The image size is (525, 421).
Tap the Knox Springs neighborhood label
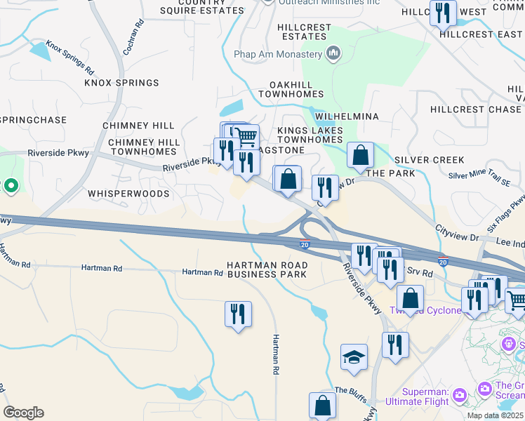click(x=121, y=83)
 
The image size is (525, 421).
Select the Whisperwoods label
click(x=128, y=193)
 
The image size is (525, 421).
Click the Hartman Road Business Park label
click(x=267, y=269)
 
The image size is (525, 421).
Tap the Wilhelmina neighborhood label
click(x=347, y=116)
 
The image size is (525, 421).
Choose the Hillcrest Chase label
click(x=476, y=109)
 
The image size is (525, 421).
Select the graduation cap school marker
click(x=354, y=357)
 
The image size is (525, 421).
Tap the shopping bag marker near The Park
click(x=360, y=156)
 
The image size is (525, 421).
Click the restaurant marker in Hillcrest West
click(x=443, y=13)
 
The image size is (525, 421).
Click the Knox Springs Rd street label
click(x=69, y=58)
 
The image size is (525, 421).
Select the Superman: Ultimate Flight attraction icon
click(x=460, y=395)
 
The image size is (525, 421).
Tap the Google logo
click(x=23, y=413)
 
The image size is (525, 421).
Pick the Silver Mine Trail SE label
click(x=479, y=178)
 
